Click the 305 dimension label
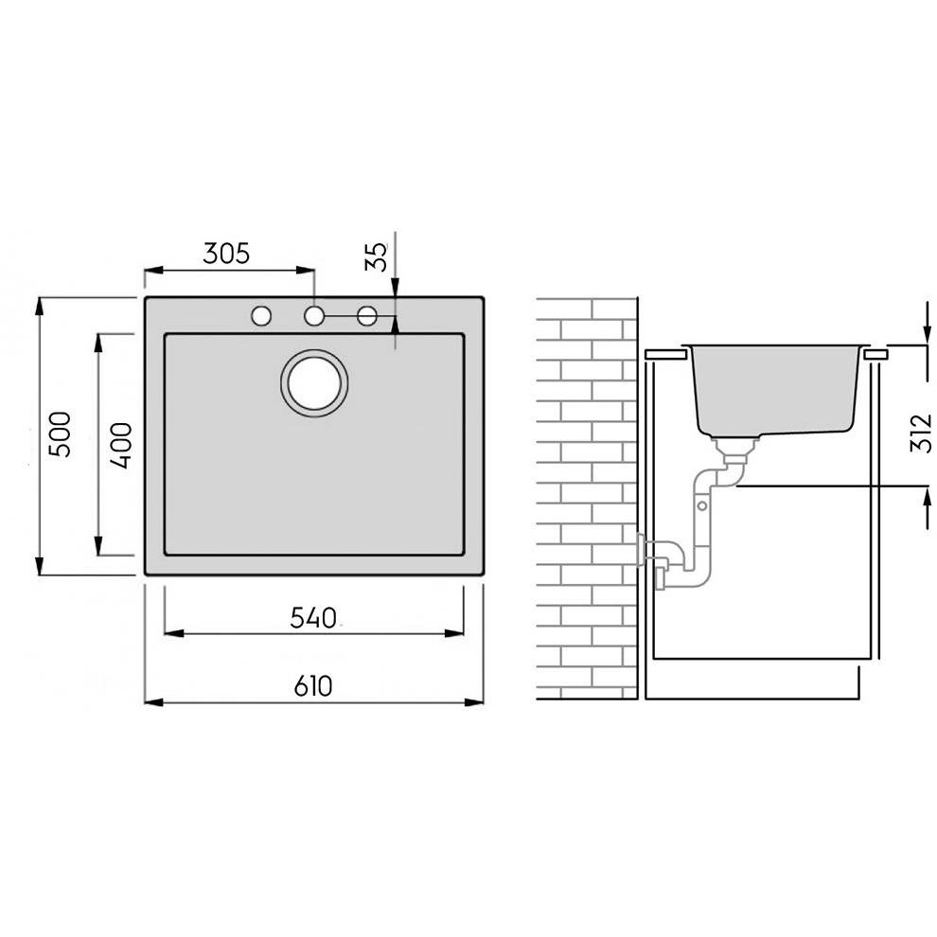[x=226, y=254]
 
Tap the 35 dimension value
[x=377, y=256]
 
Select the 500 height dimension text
[x=60, y=434]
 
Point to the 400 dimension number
[x=121, y=445]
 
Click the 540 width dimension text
[x=313, y=618]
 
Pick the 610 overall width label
[x=313, y=686]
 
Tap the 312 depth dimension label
[x=921, y=433]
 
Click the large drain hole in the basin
[x=314, y=383]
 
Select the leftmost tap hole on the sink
[x=261, y=315]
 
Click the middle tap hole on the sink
[x=314, y=315]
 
